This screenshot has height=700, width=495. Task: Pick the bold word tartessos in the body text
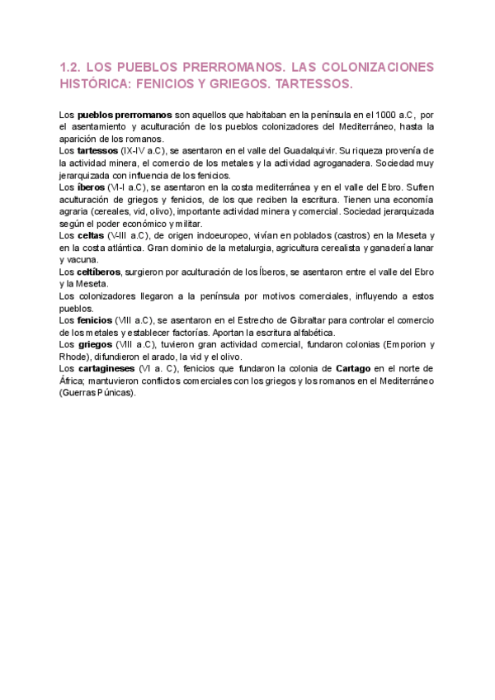[97, 151]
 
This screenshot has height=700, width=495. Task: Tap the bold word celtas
[91, 236]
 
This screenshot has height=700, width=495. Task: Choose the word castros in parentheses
[308, 236]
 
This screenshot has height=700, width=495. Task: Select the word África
[73, 381]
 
